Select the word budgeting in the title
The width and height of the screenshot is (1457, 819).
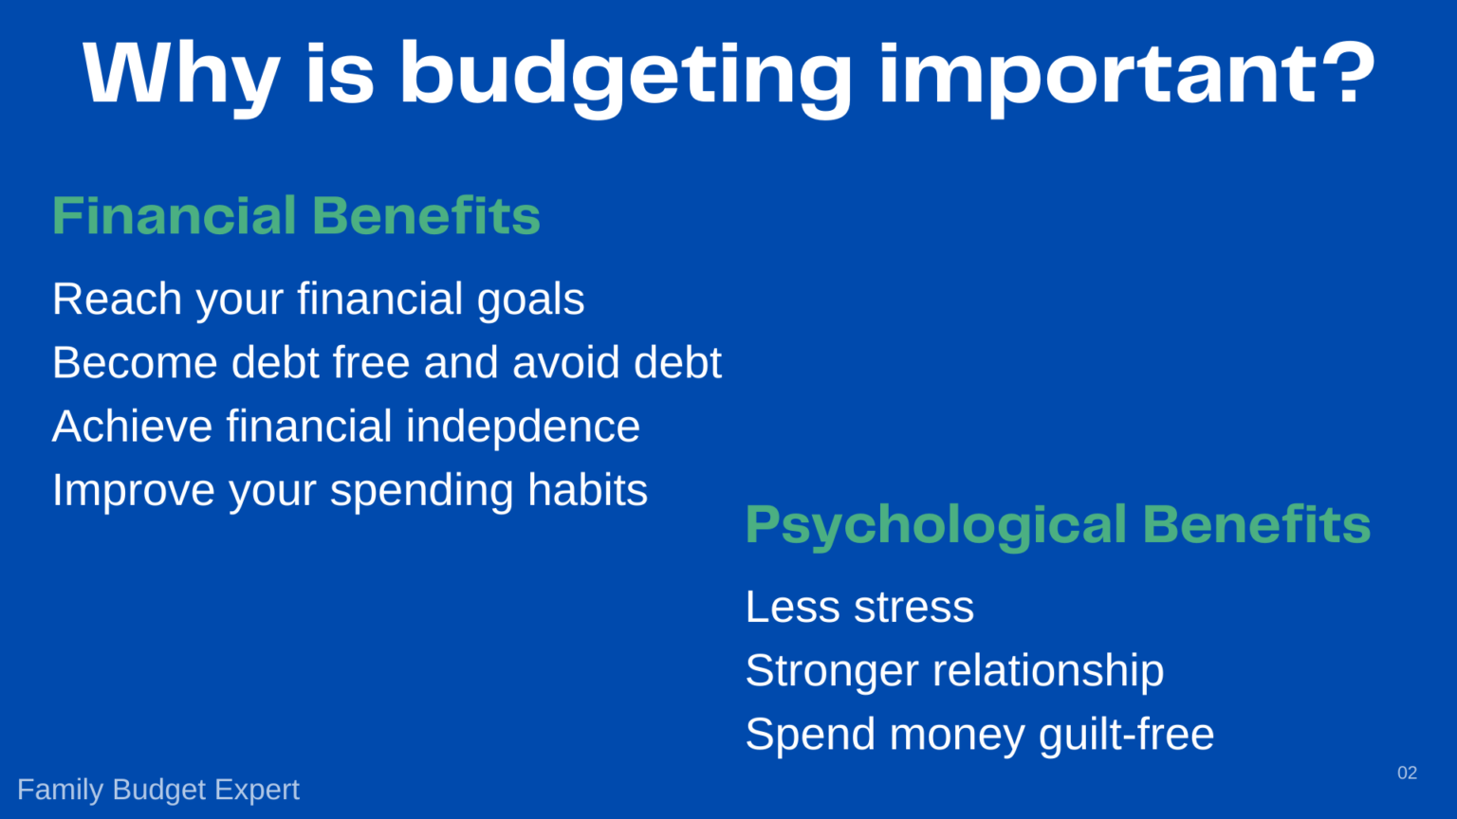point(625,76)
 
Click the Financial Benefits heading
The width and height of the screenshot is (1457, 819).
point(296,215)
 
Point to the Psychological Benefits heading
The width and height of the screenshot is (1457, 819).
point(1058,524)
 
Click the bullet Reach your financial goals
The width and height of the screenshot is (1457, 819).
point(318,300)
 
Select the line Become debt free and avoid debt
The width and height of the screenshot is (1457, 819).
point(386,363)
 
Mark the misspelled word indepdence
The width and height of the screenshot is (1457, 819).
point(523,427)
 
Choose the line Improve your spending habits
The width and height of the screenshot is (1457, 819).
point(349,490)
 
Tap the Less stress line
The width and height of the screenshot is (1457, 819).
point(859,607)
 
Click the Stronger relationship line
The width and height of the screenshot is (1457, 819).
point(954,671)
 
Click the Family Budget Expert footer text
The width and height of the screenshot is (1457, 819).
point(158,790)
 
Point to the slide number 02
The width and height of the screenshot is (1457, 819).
point(1407,773)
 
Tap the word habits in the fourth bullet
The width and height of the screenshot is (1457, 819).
point(587,490)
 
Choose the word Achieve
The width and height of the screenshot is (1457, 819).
point(132,427)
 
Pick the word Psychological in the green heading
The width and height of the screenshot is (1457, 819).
point(935,525)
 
